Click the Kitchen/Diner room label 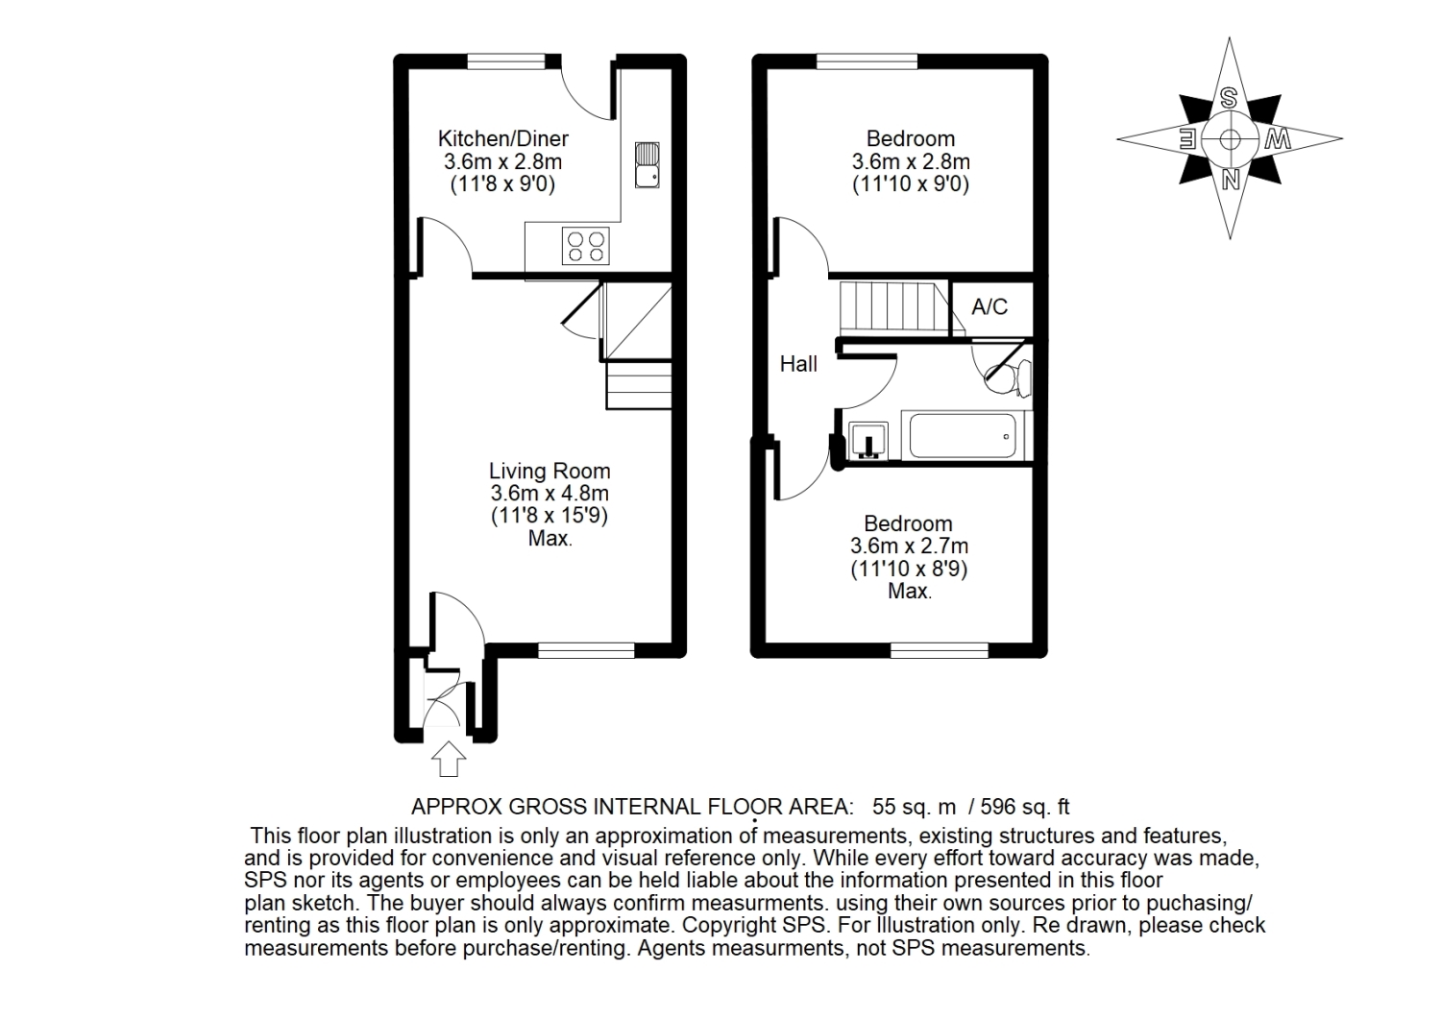[503, 139]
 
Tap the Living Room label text [550, 471]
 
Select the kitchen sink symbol [647, 165]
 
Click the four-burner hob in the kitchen [585, 247]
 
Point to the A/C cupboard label [989, 307]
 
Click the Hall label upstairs [798, 364]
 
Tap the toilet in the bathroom [1008, 377]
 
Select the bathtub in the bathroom [963, 435]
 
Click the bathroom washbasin [867, 441]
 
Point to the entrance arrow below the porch [449, 759]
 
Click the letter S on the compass [1229, 98]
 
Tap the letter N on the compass [1230, 180]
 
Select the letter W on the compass [1277, 139]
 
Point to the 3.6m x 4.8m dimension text [550, 494]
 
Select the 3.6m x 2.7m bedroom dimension [909, 546]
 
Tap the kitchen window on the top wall [506, 61]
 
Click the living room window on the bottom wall [586, 650]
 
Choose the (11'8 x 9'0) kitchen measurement [502, 184]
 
